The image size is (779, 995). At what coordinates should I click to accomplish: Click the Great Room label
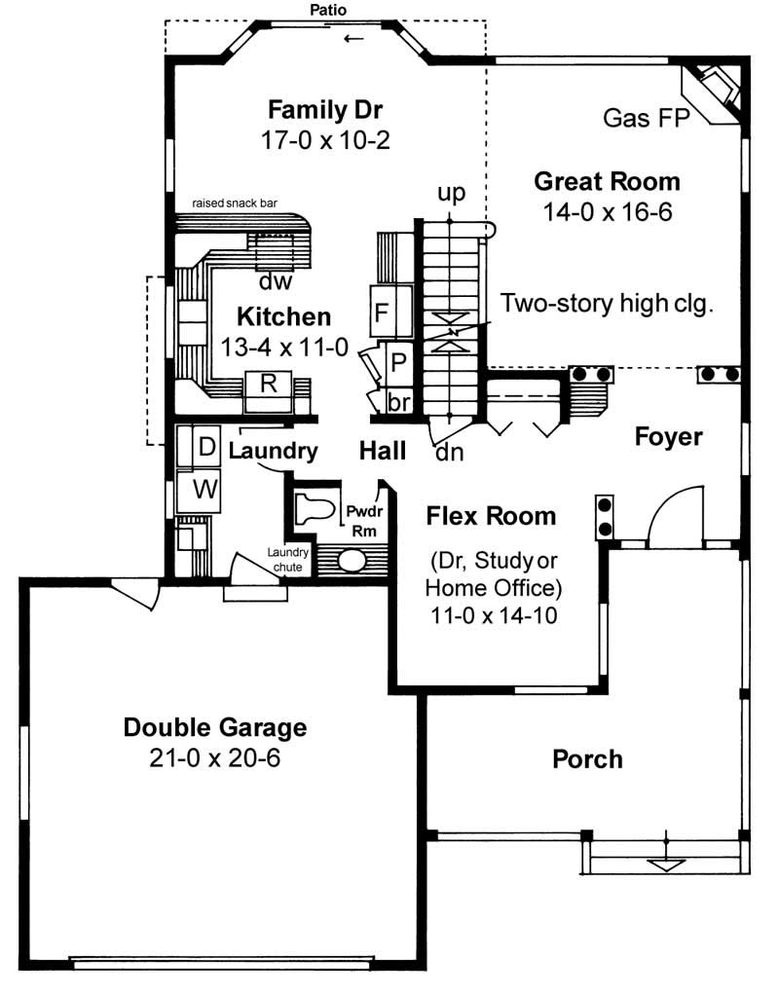(607, 181)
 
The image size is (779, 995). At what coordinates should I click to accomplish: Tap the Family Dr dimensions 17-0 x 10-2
(325, 140)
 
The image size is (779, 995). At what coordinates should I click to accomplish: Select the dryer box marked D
(205, 448)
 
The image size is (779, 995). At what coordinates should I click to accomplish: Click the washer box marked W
(204, 489)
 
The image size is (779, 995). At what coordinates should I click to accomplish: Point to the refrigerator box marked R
(269, 383)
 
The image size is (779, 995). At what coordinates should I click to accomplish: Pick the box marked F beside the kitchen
(383, 313)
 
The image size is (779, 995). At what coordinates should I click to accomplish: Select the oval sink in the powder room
(352, 561)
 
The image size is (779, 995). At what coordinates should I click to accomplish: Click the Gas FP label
(646, 119)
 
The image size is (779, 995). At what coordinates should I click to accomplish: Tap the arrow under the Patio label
(353, 38)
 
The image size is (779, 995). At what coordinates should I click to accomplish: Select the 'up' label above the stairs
(451, 193)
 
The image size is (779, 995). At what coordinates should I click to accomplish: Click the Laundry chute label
(288, 560)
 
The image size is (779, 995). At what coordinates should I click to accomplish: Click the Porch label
(587, 758)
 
